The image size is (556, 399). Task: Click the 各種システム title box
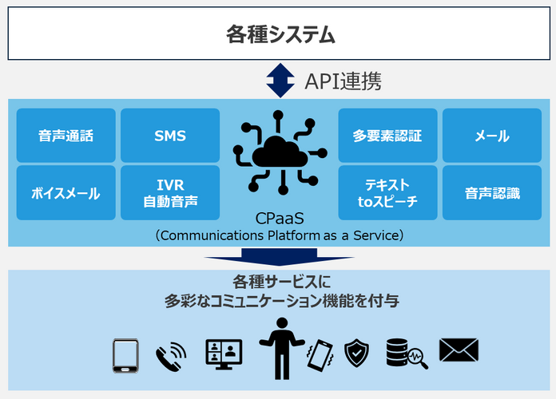point(279,34)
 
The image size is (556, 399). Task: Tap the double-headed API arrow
point(280,81)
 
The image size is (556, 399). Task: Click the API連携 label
point(343,81)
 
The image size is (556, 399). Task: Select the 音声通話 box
point(66,136)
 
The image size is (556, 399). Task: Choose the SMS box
point(170,136)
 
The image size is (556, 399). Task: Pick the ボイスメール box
point(66,193)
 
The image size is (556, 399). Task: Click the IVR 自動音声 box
point(170,193)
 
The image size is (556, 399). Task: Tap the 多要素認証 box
point(387,136)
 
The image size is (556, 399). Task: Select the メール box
point(492,136)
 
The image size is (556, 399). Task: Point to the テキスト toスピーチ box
point(387,193)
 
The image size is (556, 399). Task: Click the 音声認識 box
point(492,193)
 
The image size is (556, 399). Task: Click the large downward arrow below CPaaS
point(279,257)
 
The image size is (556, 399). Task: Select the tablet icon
point(125,356)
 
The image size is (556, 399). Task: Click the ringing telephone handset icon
point(171,357)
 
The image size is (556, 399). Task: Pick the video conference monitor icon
point(224,354)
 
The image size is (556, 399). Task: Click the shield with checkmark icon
point(356,353)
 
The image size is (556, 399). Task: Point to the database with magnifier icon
point(407,354)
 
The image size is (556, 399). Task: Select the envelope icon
point(459,350)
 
